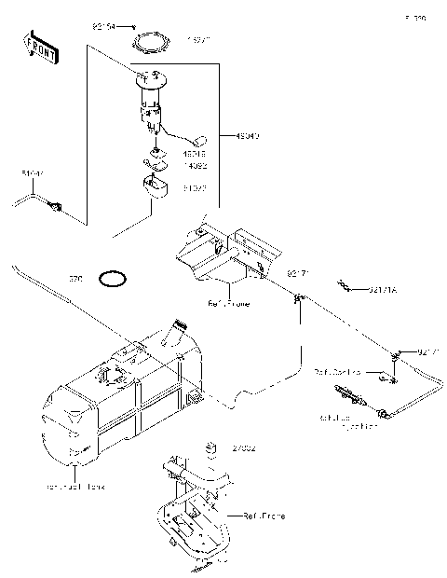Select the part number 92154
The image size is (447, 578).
[104, 28]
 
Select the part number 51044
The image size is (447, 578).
[32, 173]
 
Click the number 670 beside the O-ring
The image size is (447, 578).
[76, 278]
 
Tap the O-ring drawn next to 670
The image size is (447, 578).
[114, 278]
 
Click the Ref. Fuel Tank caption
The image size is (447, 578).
[74, 486]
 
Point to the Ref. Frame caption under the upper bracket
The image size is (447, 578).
[228, 303]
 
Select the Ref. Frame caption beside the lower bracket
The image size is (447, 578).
[263, 515]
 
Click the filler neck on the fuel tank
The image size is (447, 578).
[179, 332]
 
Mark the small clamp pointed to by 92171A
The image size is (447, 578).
[345, 284]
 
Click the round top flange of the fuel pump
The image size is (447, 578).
[152, 79]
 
